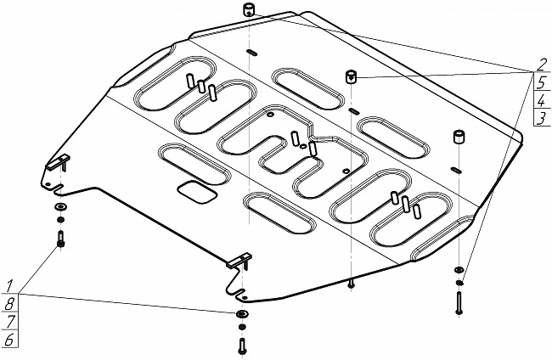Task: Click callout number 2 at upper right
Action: (x=539, y=63)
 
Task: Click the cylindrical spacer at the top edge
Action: (x=251, y=10)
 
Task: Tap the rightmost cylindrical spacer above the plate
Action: (x=459, y=138)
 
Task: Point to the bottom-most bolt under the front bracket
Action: (x=241, y=346)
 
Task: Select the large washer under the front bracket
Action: (x=241, y=315)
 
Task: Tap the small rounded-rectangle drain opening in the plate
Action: (x=196, y=192)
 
